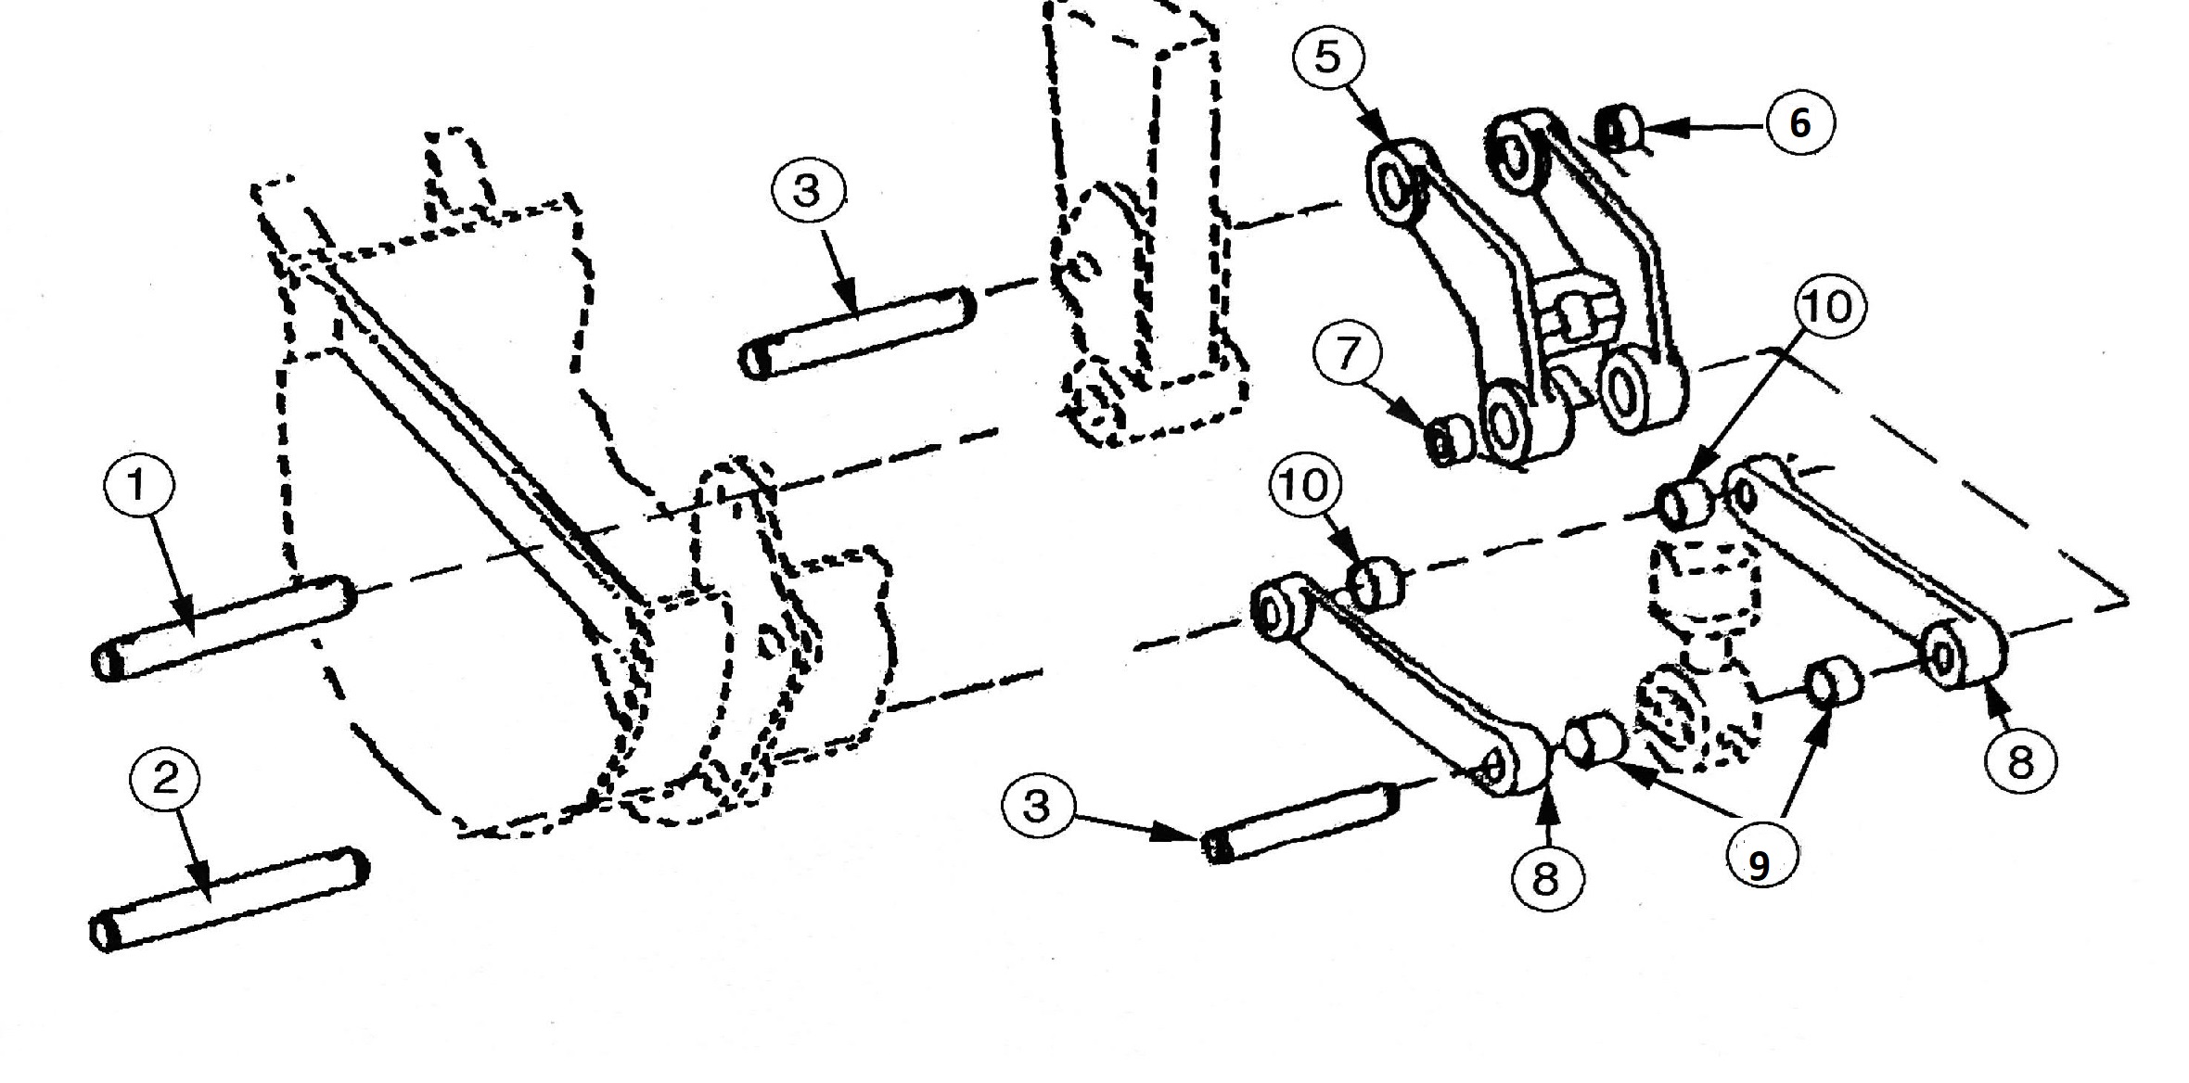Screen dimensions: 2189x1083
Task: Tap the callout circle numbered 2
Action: tap(165, 778)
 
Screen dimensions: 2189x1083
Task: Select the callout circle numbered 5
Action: tap(1328, 57)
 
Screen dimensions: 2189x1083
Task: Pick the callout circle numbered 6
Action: tap(1799, 122)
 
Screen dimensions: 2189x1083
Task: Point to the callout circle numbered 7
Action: tap(1348, 353)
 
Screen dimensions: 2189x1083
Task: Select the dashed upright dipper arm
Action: tap(1146, 223)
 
